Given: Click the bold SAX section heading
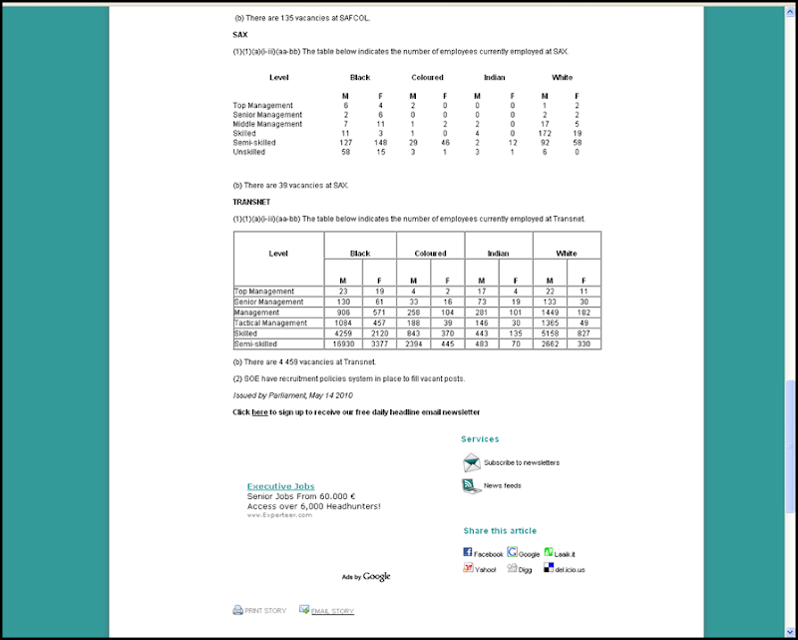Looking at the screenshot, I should click(x=239, y=35).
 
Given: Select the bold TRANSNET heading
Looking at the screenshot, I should click(x=252, y=202).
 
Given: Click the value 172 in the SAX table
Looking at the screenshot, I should click(x=545, y=133).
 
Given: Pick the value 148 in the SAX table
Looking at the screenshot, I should click(x=380, y=143).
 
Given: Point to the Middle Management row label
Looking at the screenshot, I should click(x=268, y=124).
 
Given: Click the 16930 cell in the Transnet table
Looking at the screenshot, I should click(x=342, y=343).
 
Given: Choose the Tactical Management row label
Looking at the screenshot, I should click(x=271, y=322).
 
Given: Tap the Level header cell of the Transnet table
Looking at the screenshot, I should click(x=278, y=254).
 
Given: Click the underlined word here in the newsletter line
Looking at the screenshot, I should click(x=259, y=412).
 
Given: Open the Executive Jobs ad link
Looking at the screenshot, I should click(x=280, y=486).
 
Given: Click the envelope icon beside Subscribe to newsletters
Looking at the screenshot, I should click(x=472, y=462).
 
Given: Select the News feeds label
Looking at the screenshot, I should click(x=503, y=486).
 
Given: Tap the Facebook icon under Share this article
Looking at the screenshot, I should click(x=467, y=552).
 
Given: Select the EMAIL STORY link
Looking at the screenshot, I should click(x=332, y=611).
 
